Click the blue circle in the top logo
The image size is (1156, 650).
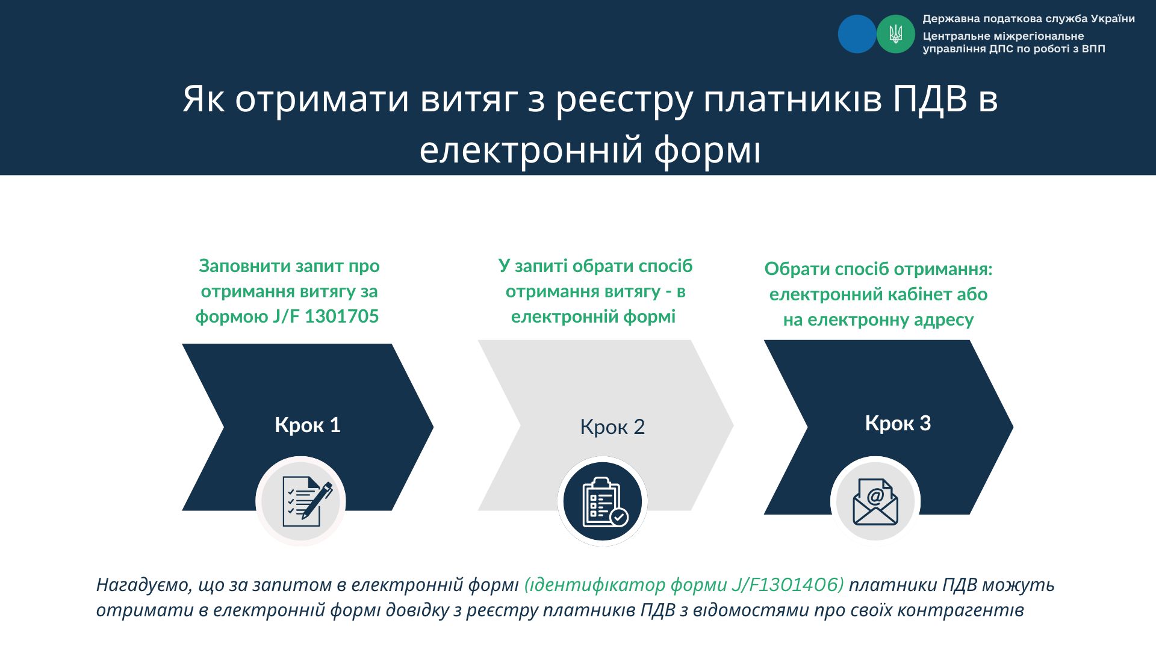[x=857, y=34]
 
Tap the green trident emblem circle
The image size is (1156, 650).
[x=896, y=34]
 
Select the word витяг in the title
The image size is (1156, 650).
[x=469, y=100]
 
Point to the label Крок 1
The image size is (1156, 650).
[x=308, y=425]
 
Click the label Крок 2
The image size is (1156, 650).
[x=612, y=427]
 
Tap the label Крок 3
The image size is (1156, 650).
[x=898, y=423]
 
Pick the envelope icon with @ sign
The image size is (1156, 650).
[x=875, y=501]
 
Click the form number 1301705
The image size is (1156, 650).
[x=342, y=317]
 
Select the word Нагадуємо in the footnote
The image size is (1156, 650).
[x=142, y=585]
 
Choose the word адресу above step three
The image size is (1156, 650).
[x=943, y=320]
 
